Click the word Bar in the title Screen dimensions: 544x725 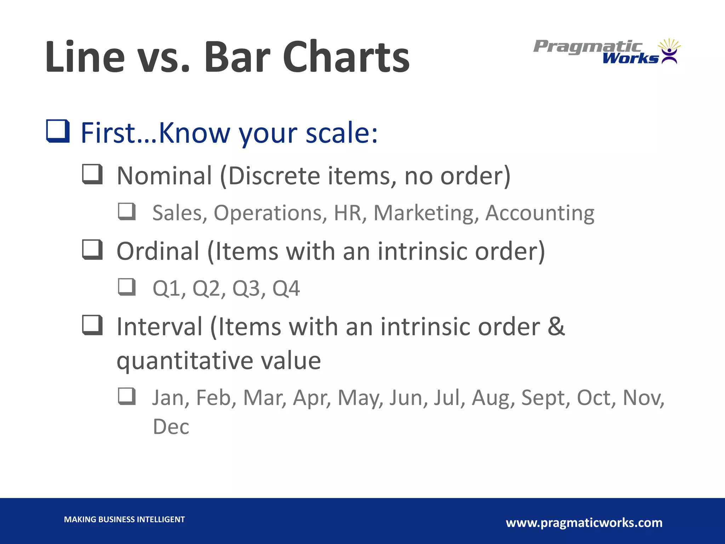point(237,57)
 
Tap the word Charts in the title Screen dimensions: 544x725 point(346,57)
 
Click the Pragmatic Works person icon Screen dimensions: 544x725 point(669,52)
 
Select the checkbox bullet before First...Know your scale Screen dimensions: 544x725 point(58,131)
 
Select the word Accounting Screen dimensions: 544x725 point(540,213)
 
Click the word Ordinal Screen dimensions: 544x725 point(158,251)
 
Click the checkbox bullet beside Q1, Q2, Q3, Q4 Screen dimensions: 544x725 point(127,287)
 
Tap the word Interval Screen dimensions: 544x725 point(159,327)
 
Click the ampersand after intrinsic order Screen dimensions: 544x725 point(556,327)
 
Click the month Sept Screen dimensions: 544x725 point(545,398)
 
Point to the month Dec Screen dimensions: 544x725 point(171,427)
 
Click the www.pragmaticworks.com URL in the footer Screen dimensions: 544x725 point(584,523)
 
